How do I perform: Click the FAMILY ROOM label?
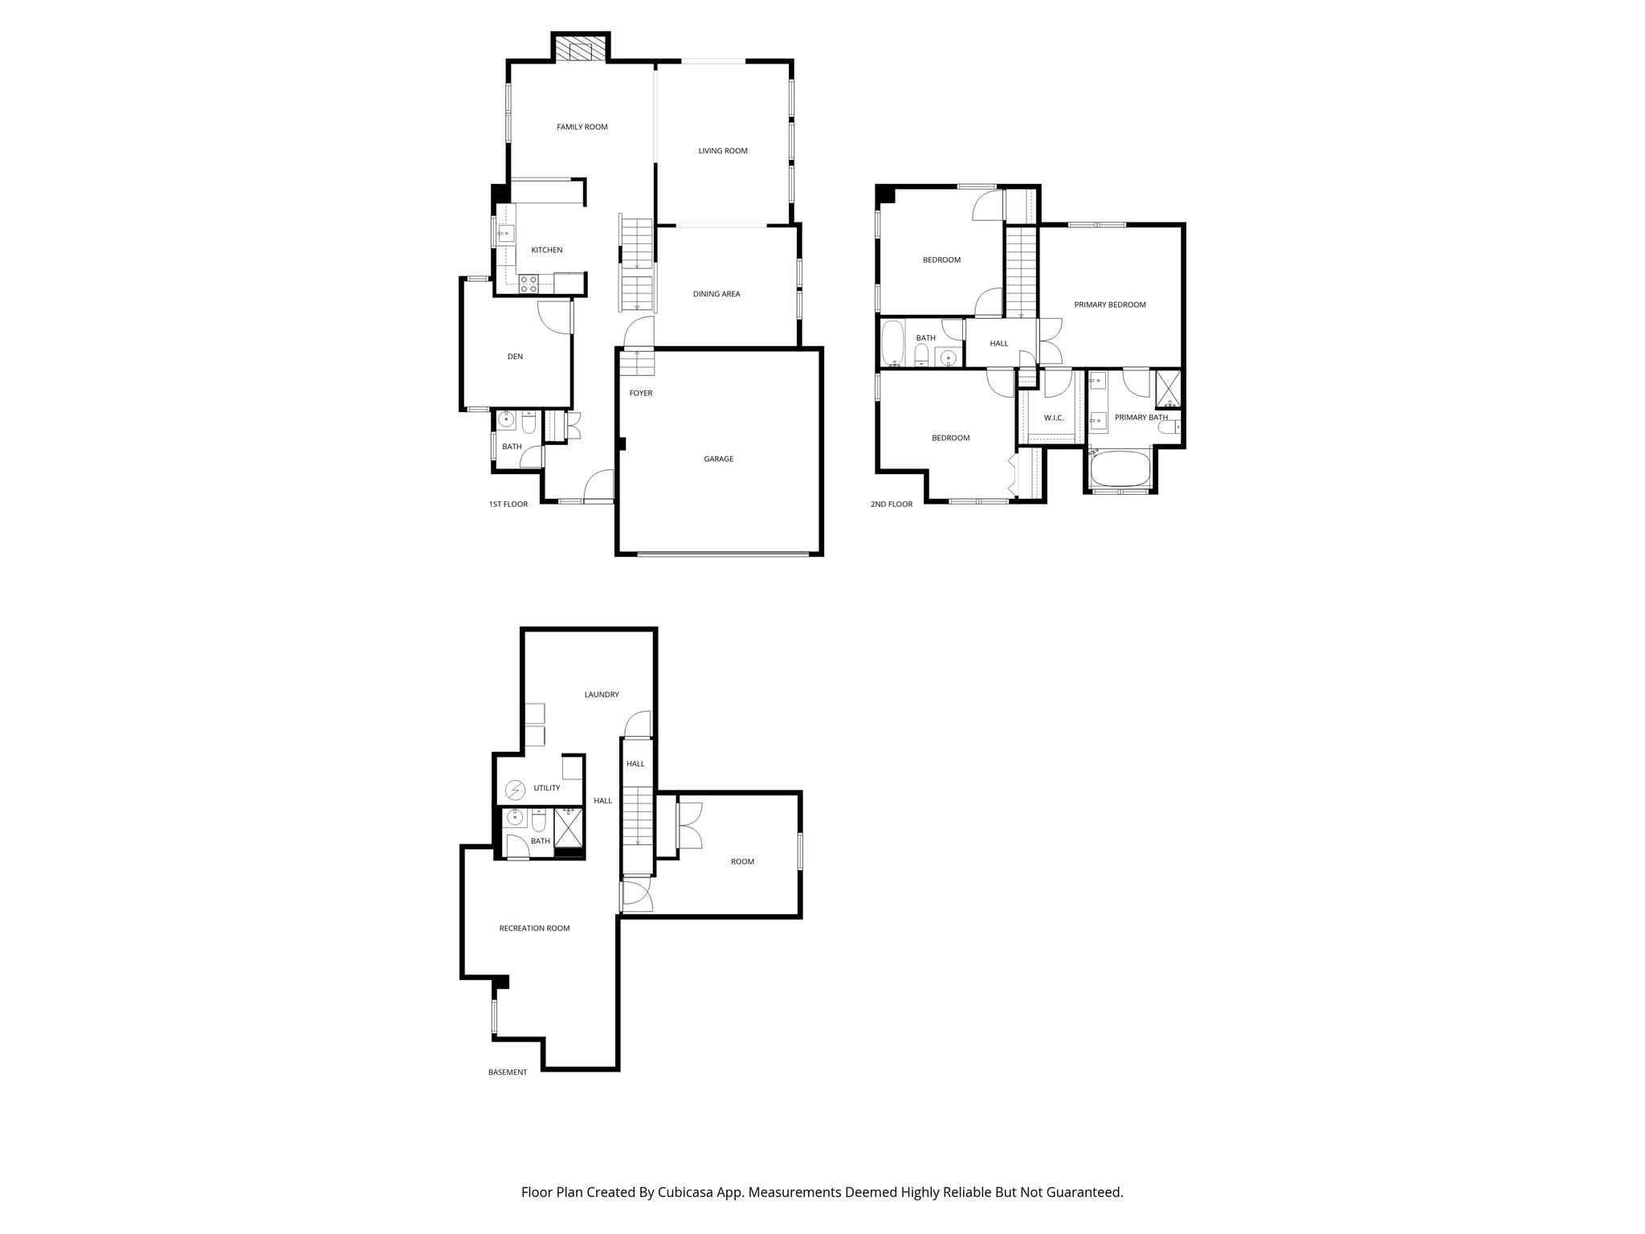click(x=582, y=127)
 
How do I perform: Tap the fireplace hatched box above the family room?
click(x=580, y=48)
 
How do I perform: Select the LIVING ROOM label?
click(x=722, y=151)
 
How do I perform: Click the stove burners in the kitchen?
click(x=529, y=283)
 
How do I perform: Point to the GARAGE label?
click(x=718, y=460)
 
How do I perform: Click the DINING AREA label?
click(x=716, y=294)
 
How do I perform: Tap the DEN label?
click(x=515, y=357)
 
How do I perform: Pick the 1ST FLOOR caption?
click(x=508, y=505)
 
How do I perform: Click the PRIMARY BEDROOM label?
click(x=1109, y=305)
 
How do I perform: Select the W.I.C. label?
click(x=1053, y=419)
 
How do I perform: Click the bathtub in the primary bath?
click(x=1120, y=470)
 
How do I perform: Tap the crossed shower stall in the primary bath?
click(x=1169, y=389)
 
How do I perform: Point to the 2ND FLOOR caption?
click(x=891, y=505)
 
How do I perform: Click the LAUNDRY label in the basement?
click(x=601, y=695)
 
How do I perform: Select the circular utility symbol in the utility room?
click(x=514, y=791)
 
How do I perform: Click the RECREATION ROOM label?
click(x=534, y=929)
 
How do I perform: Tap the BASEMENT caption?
click(x=508, y=1073)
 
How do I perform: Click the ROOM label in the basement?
click(x=741, y=862)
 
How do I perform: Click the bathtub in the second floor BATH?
click(x=893, y=344)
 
